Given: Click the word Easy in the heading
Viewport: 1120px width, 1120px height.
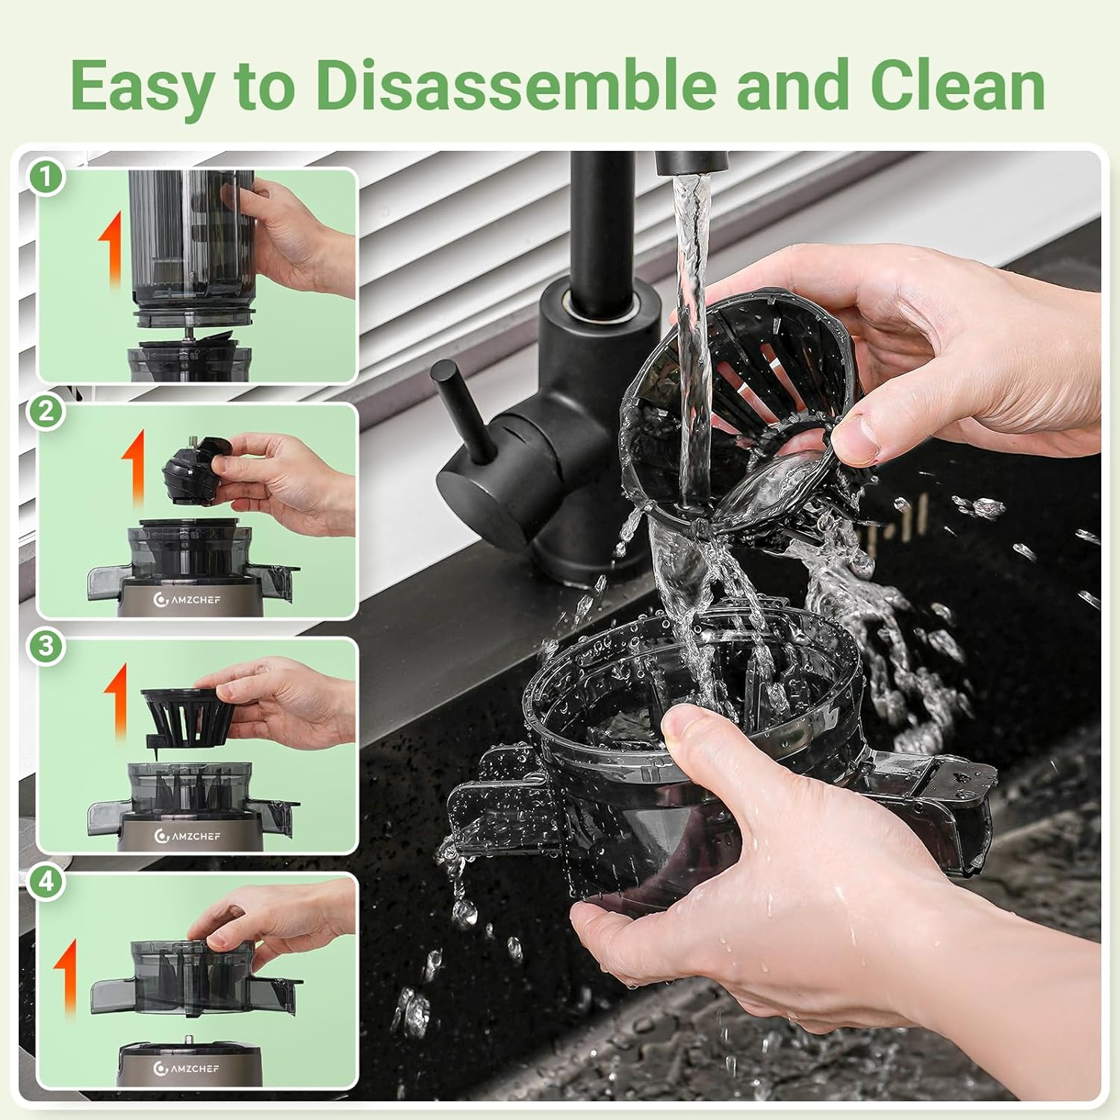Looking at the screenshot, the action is [x=142, y=87].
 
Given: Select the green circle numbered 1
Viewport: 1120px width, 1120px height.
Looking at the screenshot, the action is [x=47, y=178].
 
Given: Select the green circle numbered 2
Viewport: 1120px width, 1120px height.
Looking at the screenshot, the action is [x=47, y=411].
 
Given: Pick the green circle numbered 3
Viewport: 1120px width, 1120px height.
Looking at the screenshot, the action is [x=47, y=646].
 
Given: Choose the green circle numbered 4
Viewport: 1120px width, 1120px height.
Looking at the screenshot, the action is [x=47, y=881].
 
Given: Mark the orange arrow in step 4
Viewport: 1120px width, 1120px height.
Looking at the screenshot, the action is [x=67, y=978].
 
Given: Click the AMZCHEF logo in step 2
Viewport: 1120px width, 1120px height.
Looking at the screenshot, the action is [x=187, y=599].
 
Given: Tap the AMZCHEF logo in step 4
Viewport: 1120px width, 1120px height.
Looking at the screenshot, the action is [x=187, y=1068].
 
